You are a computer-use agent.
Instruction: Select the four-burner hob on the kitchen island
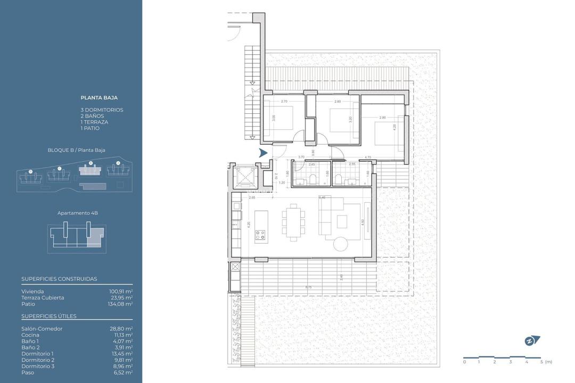[260, 235]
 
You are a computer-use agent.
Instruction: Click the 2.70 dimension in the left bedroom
[284, 101]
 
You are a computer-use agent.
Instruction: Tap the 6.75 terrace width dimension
[308, 288]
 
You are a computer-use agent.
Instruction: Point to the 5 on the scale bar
[541, 362]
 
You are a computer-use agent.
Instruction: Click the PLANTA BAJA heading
[99, 98]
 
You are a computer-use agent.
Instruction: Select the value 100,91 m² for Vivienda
[121, 292]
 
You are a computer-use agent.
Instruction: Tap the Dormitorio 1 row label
[37, 354]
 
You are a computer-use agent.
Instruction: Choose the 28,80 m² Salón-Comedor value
[121, 329]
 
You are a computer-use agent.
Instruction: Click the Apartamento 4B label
[78, 213]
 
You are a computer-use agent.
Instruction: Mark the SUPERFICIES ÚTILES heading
[49, 316]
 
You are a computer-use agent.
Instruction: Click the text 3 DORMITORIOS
[102, 110]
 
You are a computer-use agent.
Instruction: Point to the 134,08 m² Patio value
[121, 304]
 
